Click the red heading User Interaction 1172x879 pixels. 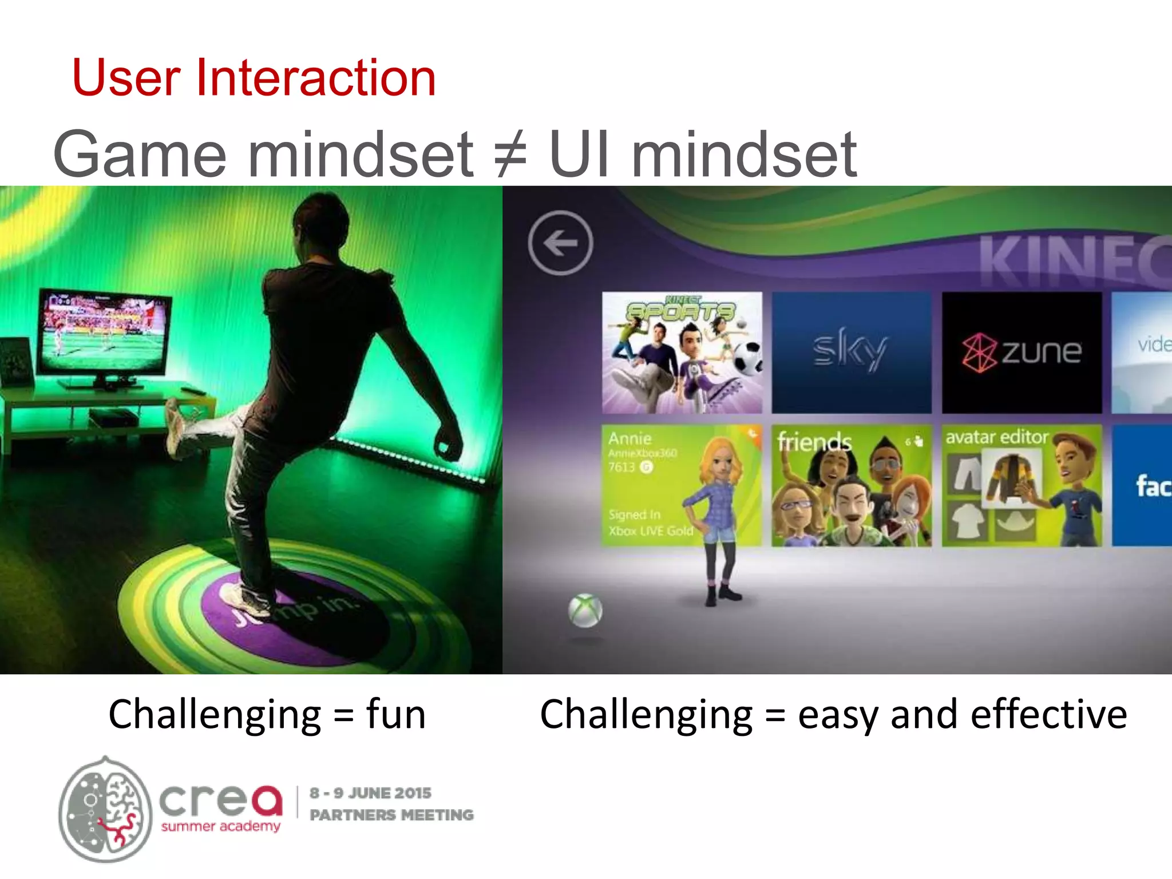(254, 78)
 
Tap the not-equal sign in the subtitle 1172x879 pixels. (510, 155)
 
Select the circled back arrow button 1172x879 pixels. (560, 243)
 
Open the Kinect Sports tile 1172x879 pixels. (682, 353)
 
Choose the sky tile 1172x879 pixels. (851, 353)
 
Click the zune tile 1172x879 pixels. (1021, 353)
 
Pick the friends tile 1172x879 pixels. (851, 485)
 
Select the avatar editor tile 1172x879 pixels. (1021, 485)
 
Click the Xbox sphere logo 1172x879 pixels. (585, 611)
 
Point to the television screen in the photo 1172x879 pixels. (103, 332)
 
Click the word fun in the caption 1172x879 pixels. (396, 715)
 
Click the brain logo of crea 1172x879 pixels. (106, 809)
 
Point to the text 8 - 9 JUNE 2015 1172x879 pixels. (370, 793)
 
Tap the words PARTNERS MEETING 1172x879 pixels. (391, 815)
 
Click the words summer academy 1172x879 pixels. (220, 826)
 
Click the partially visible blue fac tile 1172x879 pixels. (1142, 485)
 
